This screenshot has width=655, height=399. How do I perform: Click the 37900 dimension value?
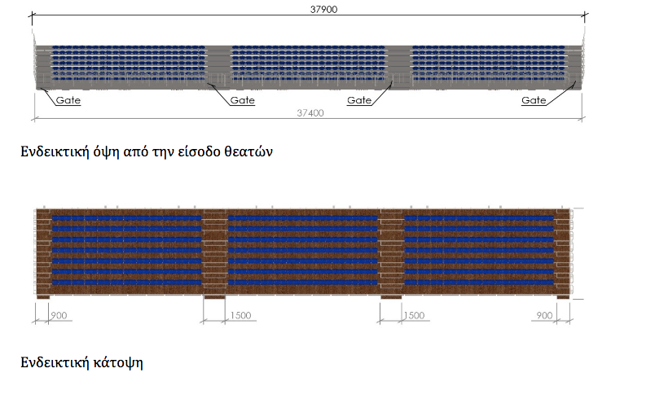316,10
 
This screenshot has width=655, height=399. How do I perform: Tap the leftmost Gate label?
68,101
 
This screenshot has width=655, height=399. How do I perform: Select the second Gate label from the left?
242,101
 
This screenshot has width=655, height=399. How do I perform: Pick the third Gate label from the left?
359,101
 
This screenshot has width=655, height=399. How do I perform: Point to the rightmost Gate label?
534,101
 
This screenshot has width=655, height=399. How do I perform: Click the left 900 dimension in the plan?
59,315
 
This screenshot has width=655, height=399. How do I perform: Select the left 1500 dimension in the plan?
240,315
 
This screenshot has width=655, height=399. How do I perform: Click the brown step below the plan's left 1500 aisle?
213,296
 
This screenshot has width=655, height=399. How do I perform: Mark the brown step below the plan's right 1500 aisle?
392,296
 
